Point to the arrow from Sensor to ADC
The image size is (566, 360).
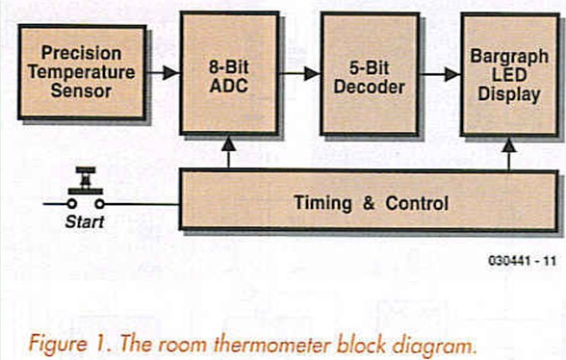pos(165,71)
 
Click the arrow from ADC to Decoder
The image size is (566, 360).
pos(303,71)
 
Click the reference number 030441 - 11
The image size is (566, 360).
pos(521,259)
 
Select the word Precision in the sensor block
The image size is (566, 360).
pos(81,54)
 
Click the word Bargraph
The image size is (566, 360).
pos(507,57)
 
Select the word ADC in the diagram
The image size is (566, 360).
pos(227,88)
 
